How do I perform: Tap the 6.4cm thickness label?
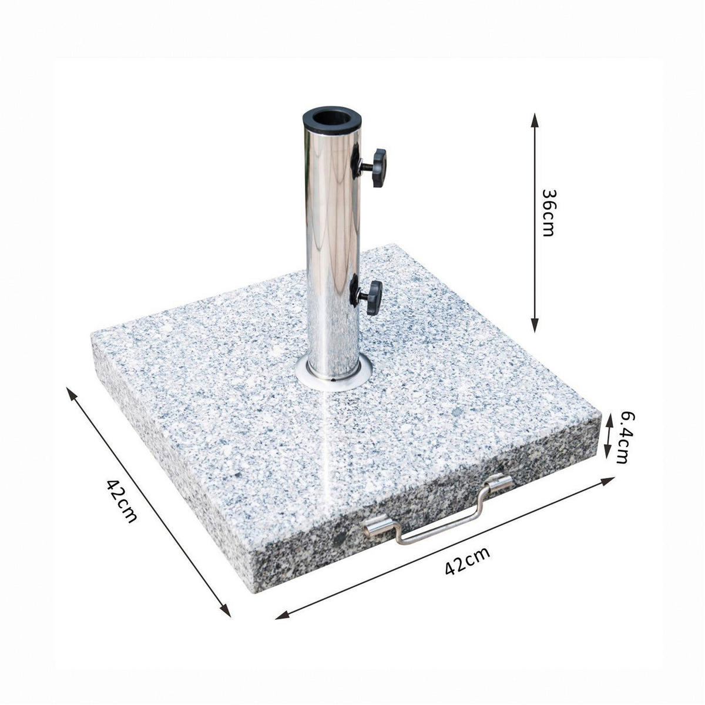click(625, 438)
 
